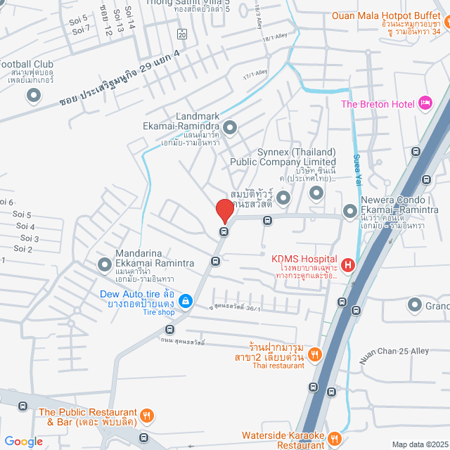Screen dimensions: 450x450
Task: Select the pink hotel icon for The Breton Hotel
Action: click(x=425, y=104)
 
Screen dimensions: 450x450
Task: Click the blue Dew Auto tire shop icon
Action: click(x=185, y=302)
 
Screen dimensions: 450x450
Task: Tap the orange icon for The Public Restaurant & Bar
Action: click(x=147, y=416)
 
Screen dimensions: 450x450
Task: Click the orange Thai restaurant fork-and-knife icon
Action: click(x=315, y=354)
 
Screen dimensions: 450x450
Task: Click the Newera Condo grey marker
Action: click(x=349, y=210)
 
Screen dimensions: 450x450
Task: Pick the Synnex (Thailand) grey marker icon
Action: click(x=283, y=199)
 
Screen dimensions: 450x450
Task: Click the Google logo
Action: click(x=23, y=441)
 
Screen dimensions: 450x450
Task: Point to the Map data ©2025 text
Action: click(x=419, y=444)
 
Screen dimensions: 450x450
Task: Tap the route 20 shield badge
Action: click(x=181, y=33)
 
